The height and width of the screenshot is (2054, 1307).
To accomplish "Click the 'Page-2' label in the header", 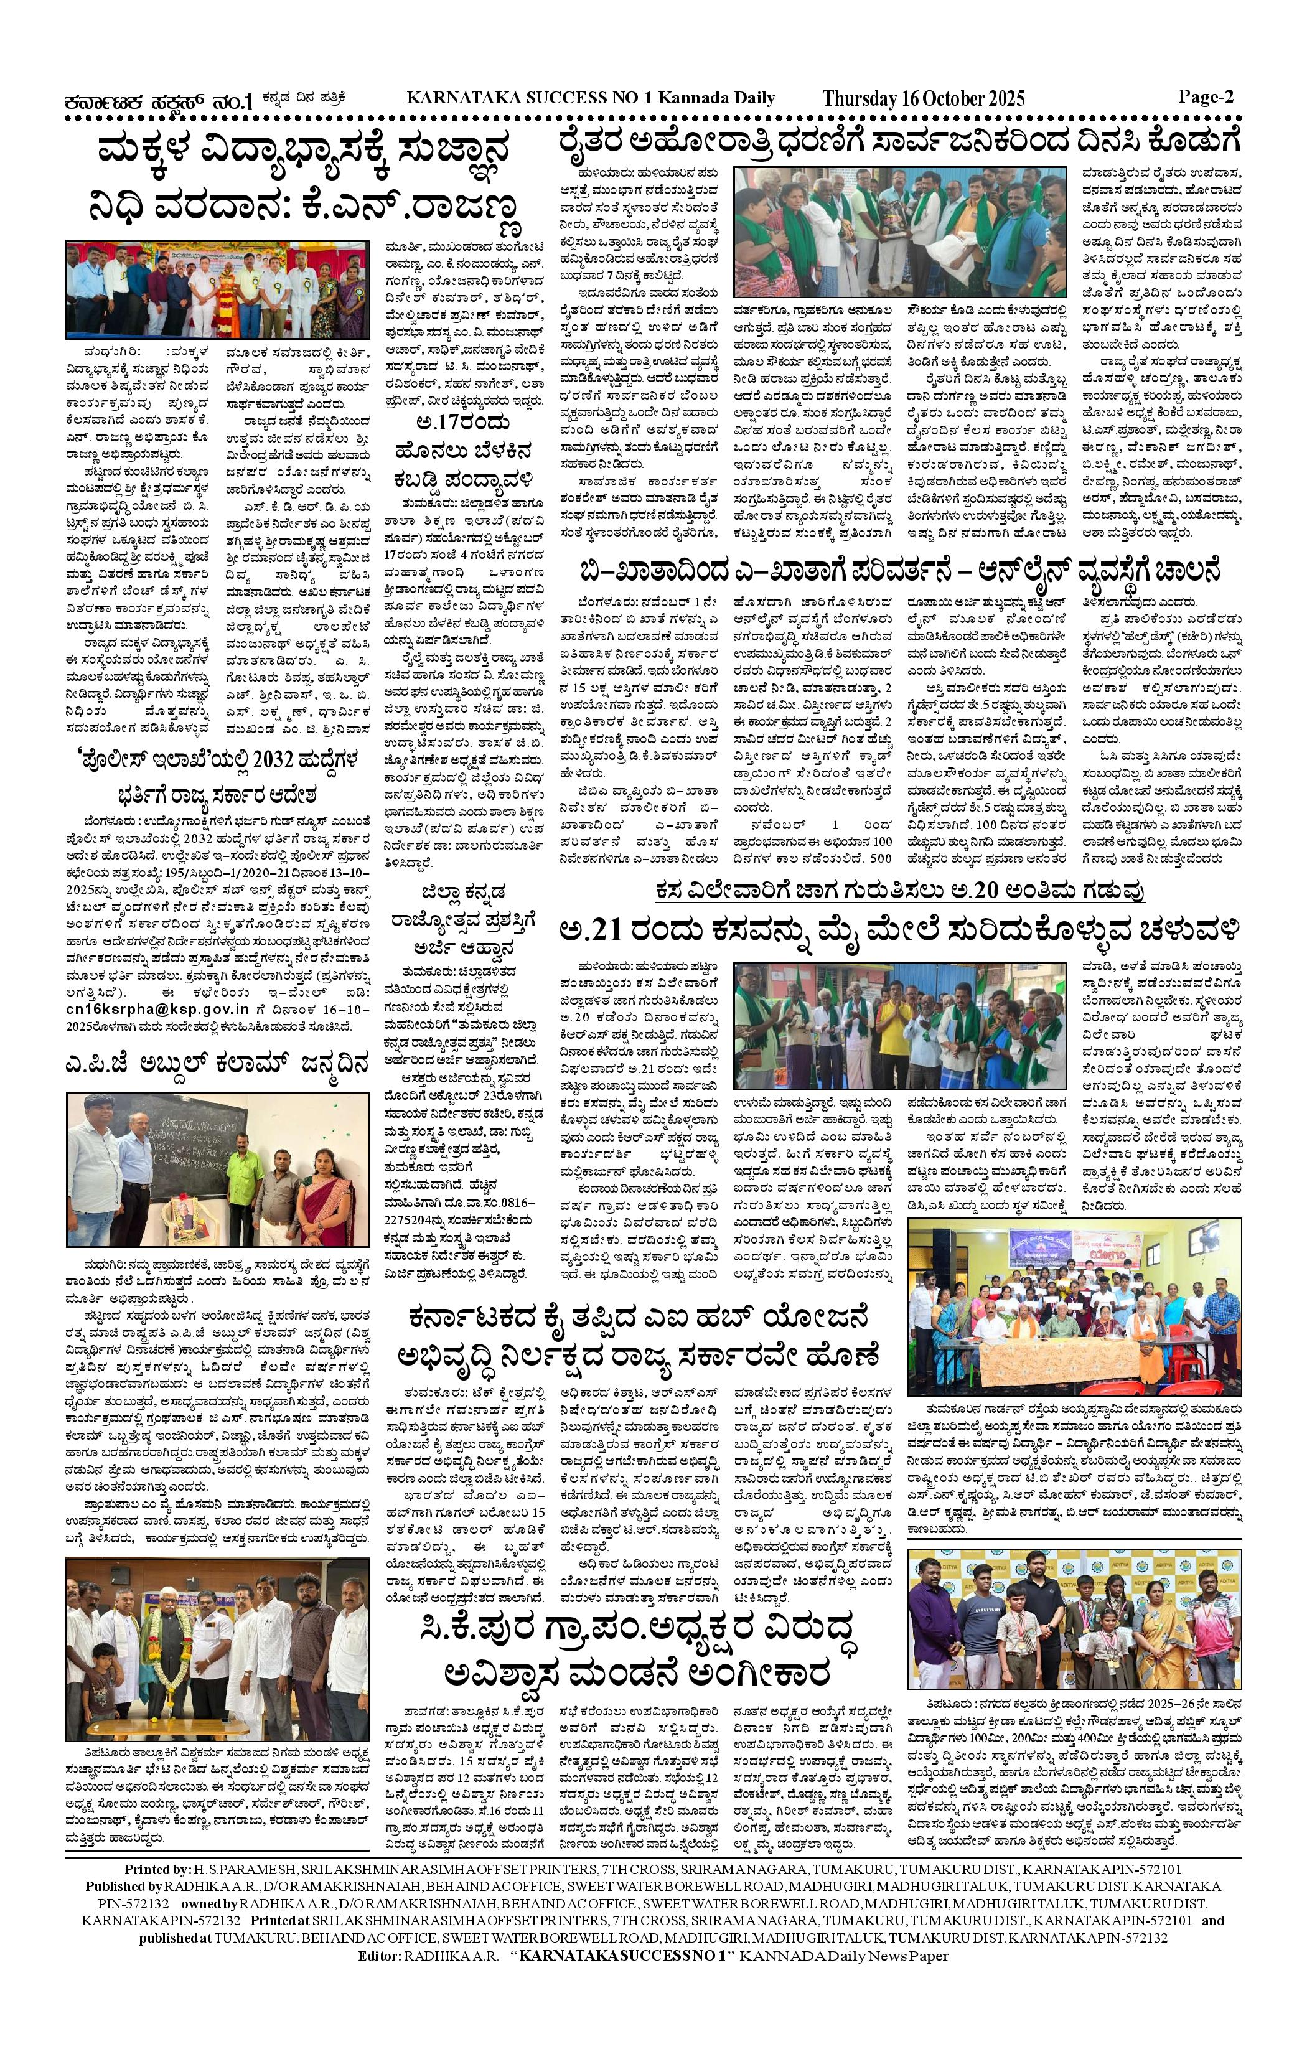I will [1206, 97].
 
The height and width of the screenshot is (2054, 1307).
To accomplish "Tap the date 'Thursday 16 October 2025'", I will [923, 99].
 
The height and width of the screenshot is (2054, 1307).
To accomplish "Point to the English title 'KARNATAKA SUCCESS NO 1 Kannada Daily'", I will [591, 98].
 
